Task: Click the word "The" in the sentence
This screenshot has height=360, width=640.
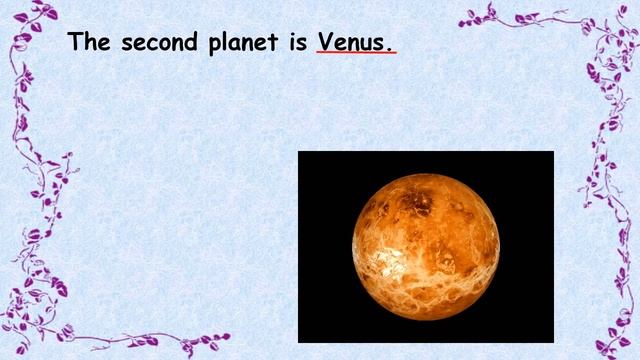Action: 89,43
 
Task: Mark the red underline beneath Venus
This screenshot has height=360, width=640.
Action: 355,54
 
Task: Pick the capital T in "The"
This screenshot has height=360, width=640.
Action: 75,43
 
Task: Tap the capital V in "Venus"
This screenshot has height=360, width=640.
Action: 325,43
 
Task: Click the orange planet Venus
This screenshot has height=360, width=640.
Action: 426,245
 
